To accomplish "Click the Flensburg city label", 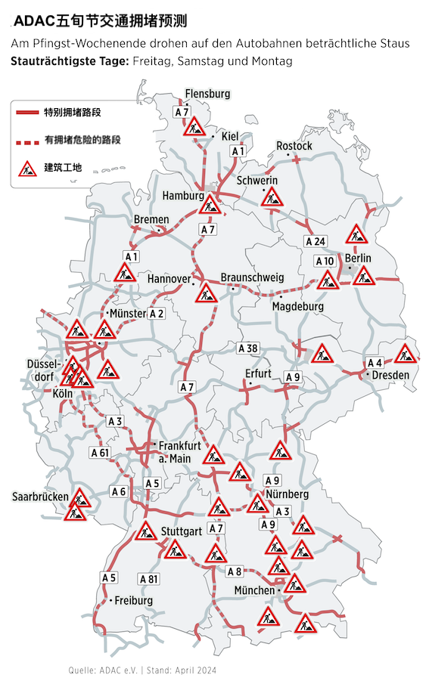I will pos(207,94).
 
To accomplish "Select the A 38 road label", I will pos(248,348).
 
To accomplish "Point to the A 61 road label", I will pos(100,453).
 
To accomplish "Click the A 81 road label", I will pos(149,578).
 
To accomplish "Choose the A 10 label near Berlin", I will pos(324,262).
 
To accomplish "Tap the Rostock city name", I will pos(294,145).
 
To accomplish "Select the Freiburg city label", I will pos(133,601).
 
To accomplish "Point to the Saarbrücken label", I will pos(40,497).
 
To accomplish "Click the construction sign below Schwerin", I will pos(272,198).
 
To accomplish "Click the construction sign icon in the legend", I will pos(28,168).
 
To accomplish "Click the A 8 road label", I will pos(234,571).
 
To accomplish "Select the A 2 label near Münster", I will pos(156,313).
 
